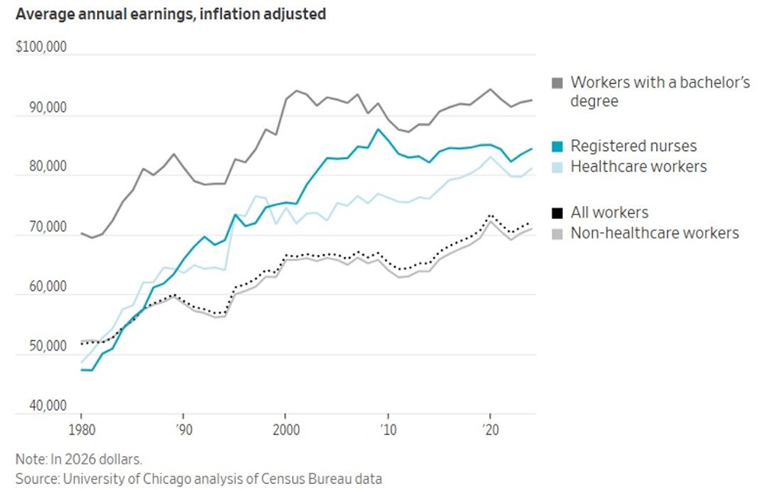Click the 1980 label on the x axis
pyautogui.click(x=81, y=428)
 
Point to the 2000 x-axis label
pyautogui.click(x=285, y=428)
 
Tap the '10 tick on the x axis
pyautogui.click(x=387, y=428)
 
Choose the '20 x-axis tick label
pyautogui.click(x=489, y=428)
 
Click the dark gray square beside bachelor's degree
pyautogui.click(x=558, y=82)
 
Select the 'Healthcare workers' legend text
pyautogui.click(x=639, y=166)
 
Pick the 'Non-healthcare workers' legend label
pyautogui.click(x=655, y=233)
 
